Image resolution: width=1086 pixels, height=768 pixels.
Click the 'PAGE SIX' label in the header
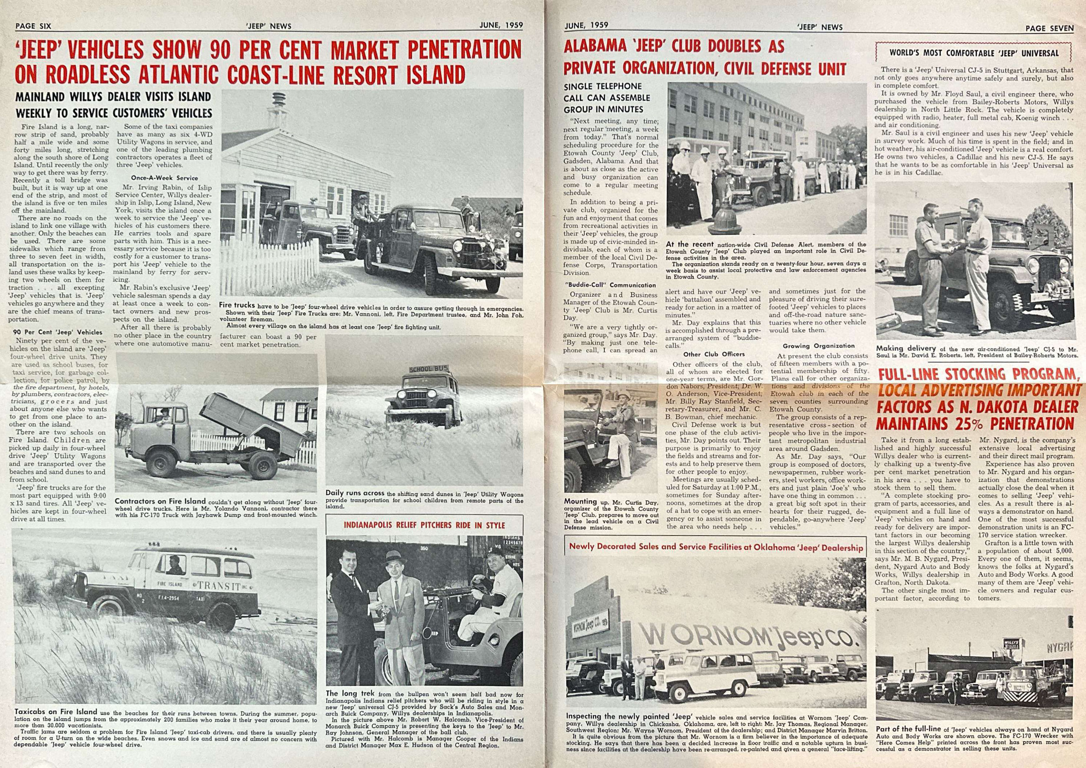coord(33,27)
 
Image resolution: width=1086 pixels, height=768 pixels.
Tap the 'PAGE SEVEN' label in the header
coord(1049,28)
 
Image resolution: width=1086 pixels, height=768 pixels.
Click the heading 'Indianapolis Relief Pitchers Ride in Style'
coord(424,525)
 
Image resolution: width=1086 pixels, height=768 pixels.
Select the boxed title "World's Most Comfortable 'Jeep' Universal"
coord(974,53)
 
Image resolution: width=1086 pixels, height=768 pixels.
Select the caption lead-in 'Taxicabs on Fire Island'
coord(56,711)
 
